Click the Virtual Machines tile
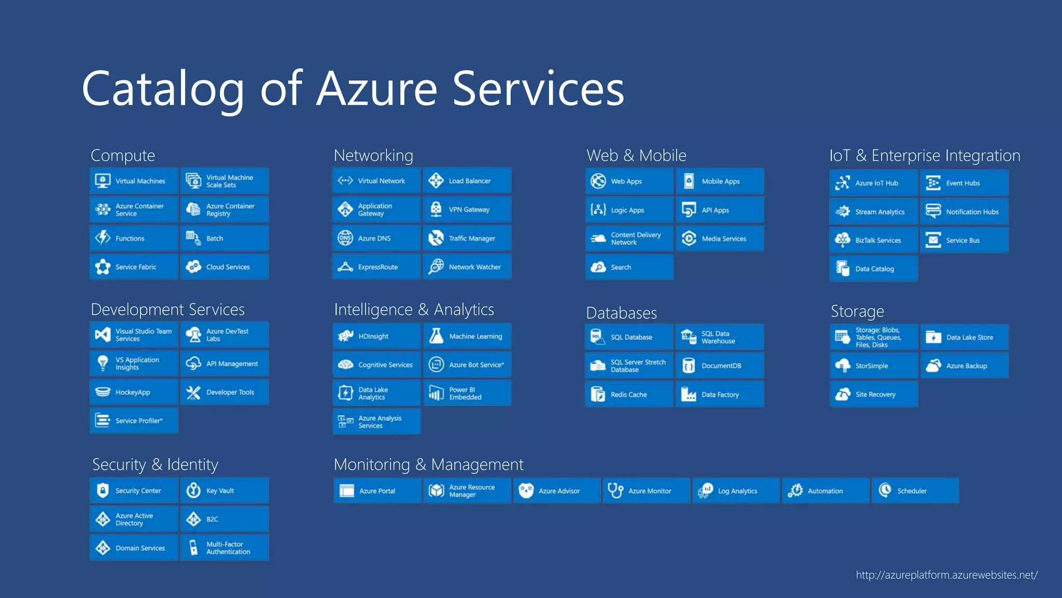tap(134, 181)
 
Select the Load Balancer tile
tap(467, 181)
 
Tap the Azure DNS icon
tap(345, 238)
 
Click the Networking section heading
tap(373, 155)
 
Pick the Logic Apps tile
tap(630, 210)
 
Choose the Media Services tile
tap(720, 238)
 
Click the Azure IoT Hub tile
tap(874, 183)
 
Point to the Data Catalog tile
tap(874, 269)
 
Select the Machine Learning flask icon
tap(436, 336)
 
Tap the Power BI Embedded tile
tap(467, 393)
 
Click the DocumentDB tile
tap(720, 365)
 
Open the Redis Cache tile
tap(630, 394)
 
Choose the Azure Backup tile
tap(965, 365)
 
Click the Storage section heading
tap(857, 311)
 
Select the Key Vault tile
tap(225, 491)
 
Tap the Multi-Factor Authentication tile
tap(225, 548)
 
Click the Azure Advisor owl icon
tap(526, 491)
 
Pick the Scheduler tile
tap(915, 491)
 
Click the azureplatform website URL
tap(946, 575)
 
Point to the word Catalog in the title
tap(163, 89)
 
